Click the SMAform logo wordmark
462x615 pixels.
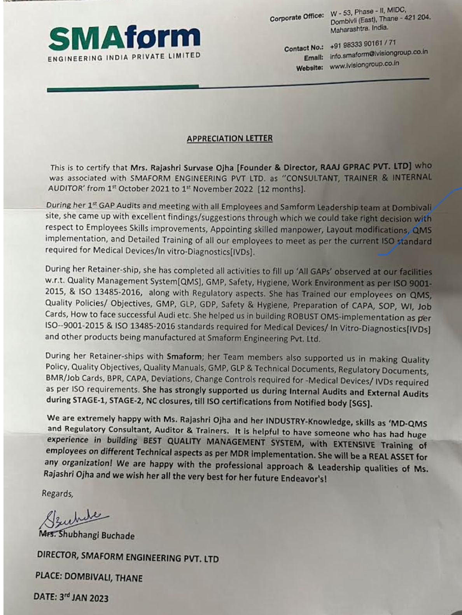click(124, 39)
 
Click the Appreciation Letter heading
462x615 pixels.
click(229, 138)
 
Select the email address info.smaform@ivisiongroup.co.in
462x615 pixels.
click(378, 54)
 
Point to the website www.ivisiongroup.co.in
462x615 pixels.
click(364, 65)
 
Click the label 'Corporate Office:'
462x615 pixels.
click(297, 17)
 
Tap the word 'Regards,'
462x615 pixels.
click(58, 493)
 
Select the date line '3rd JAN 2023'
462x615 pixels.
click(83, 597)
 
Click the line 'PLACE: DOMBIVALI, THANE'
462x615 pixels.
click(89, 577)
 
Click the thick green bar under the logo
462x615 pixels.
click(123, 89)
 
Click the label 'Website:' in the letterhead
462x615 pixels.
click(310, 68)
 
